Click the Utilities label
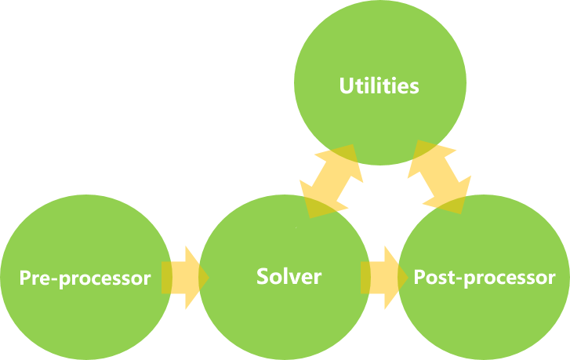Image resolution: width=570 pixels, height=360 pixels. (379, 85)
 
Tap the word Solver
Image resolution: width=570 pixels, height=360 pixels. (289, 276)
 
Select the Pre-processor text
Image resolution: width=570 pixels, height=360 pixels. (85, 278)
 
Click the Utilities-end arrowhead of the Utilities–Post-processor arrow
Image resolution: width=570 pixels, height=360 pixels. (428, 155)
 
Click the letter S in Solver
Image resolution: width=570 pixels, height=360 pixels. (263, 276)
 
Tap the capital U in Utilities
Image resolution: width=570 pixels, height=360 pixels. (346, 85)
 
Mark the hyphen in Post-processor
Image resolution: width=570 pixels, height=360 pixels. (451, 279)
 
